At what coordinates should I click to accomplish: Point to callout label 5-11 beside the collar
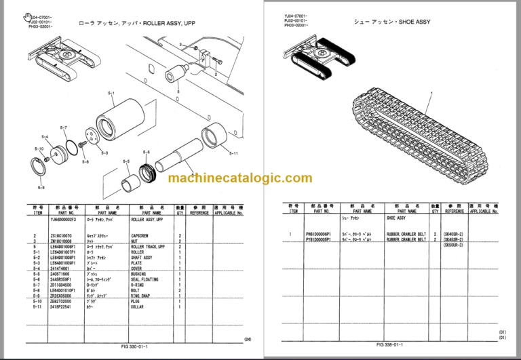pyautogui.click(x=233, y=153)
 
